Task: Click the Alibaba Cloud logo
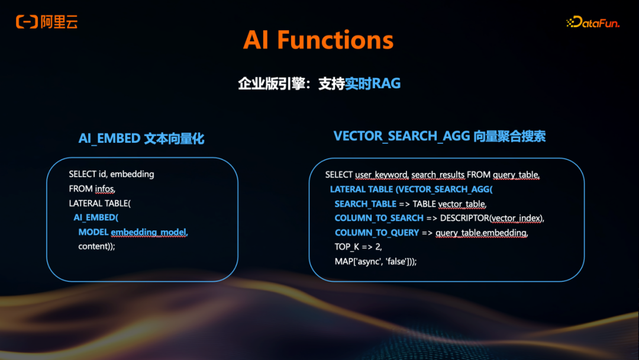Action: point(47,22)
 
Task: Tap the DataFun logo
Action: point(593,22)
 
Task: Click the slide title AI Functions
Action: point(318,40)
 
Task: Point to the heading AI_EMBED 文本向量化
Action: point(141,139)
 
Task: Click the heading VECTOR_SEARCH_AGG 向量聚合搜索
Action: point(440,136)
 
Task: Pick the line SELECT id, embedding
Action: point(111,174)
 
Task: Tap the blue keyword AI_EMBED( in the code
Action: point(96,217)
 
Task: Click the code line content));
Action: point(96,246)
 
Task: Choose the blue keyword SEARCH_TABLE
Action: point(365,204)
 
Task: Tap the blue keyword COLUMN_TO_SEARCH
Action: point(379,218)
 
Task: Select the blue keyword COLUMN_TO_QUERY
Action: point(377,233)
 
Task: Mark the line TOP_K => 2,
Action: point(358,247)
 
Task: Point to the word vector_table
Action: point(461,204)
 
